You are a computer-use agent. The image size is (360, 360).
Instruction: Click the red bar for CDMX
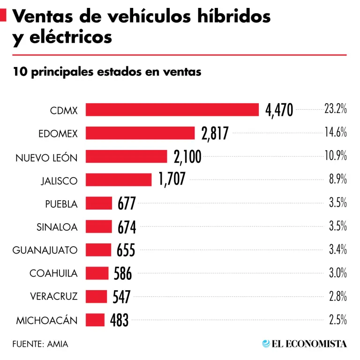click(x=172, y=110)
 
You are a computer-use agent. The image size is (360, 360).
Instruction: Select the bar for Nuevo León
click(x=126, y=157)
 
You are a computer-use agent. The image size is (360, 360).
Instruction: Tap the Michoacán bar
click(x=95, y=320)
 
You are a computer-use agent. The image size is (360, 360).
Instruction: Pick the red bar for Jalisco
click(x=119, y=180)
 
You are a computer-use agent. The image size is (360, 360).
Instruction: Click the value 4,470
click(x=279, y=110)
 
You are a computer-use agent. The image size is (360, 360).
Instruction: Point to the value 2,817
click(x=215, y=134)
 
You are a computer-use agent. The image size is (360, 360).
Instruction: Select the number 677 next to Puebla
click(x=127, y=204)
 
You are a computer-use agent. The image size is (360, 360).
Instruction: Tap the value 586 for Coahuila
click(x=123, y=273)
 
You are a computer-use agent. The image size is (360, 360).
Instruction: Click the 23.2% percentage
click(x=335, y=109)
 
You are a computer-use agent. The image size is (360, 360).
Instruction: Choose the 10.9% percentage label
click(x=335, y=156)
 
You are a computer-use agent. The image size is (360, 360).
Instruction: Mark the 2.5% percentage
click(x=337, y=320)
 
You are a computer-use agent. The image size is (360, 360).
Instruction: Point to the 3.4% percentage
click(x=337, y=250)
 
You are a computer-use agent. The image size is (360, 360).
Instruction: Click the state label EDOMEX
click(x=58, y=134)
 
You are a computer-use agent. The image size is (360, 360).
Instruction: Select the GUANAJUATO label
click(x=45, y=250)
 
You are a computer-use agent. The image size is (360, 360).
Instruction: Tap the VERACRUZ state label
click(x=53, y=297)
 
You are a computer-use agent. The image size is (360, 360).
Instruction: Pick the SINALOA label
click(x=57, y=227)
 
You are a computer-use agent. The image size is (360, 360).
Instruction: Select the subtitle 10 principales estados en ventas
click(x=107, y=72)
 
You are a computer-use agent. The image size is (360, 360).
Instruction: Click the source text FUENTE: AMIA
click(x=40, y=344)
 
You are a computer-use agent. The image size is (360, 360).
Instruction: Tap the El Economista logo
click(x=305, y=344)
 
